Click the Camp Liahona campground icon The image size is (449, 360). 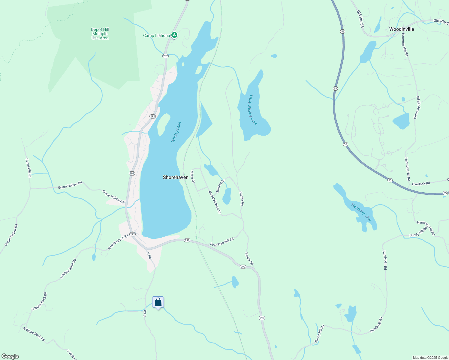(x=174, y=35)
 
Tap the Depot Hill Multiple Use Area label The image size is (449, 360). (x=100, y=34)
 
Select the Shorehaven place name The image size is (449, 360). (x=176, y=177)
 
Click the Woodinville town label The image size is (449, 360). (x=402, y=29)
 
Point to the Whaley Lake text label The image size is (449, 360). (x=176, y=132)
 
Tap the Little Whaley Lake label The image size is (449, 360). (x=253, y=110)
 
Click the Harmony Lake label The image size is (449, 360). (x=361, y=212)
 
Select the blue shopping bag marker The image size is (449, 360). (x=158, y=302)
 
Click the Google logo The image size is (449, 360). (x=10, y=356)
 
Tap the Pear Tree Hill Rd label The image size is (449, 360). (x=222, y=242)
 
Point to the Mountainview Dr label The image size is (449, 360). (x=215, y=202)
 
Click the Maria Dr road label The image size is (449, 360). (x=193, y=177)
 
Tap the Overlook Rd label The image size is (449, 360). (x=421, y=184)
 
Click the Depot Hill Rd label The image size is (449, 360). (x=28, y=168)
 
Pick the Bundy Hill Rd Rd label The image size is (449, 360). (x=418, y=232)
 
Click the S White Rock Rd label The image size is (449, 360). (x=34, y=334)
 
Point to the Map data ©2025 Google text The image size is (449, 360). (x=430, y=358)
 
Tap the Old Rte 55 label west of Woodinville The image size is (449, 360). (x=360, y=19)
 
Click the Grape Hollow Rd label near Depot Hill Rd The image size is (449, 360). (x=70, y=185)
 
